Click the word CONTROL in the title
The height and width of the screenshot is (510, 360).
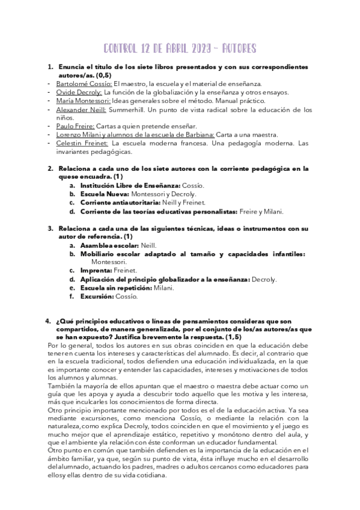coord(123,48)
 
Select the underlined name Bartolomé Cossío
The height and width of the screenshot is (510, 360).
coord(84,84)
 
